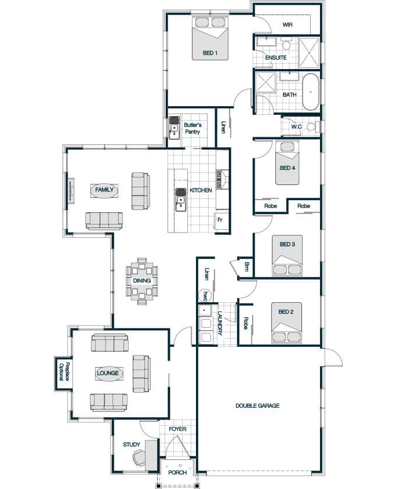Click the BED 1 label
click(210, 53)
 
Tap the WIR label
click(288, 24)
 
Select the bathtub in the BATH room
click(311, 92)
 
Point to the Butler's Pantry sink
click(174, 128)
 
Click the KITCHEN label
click(201, 190)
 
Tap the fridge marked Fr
click(221, 222)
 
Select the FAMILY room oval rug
click(104, 190)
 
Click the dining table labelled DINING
click(142, 281)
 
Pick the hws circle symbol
click(205, 295)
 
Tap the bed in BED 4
click(287, 163)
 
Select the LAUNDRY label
click(220, 324)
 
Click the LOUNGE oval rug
click(108, 374)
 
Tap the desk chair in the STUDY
click(139, 458)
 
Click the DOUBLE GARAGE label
click(257, 405)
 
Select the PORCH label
click(177, 473)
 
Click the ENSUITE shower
click(309, 53)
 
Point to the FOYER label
click(178, 429)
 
